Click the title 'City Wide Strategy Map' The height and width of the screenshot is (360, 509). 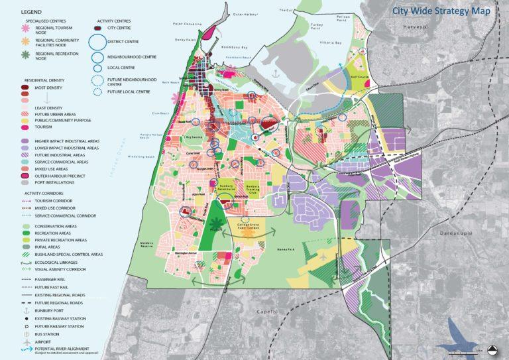click(443, 11)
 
